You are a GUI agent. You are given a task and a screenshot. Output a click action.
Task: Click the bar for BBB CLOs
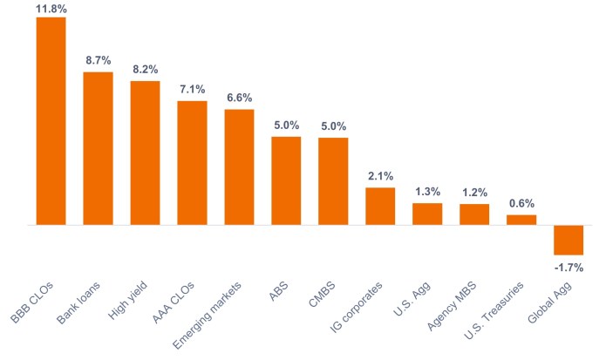click(51, 121)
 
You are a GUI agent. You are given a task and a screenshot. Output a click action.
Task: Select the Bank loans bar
click(98, 148)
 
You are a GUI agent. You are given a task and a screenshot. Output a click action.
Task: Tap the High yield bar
click(145, 153)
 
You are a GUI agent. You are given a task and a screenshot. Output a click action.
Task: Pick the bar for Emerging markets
click(239, 166)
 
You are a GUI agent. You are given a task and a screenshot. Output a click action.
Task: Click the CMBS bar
click(333, 181)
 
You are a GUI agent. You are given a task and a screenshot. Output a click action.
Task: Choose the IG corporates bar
click(380, 206)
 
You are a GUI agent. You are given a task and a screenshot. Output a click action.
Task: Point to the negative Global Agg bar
click(569, 240)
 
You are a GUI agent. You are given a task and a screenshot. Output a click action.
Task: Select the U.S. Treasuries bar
click(521, 220)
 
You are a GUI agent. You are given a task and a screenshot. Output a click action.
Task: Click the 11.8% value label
click(51, 8)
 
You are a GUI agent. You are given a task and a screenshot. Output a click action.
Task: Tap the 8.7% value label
click(98, 62)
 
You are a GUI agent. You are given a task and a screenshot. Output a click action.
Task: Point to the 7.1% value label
click(192, 91)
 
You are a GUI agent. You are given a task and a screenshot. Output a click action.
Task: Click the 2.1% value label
click(380, 177)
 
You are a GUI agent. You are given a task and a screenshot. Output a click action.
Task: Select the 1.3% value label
click(427, 193)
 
